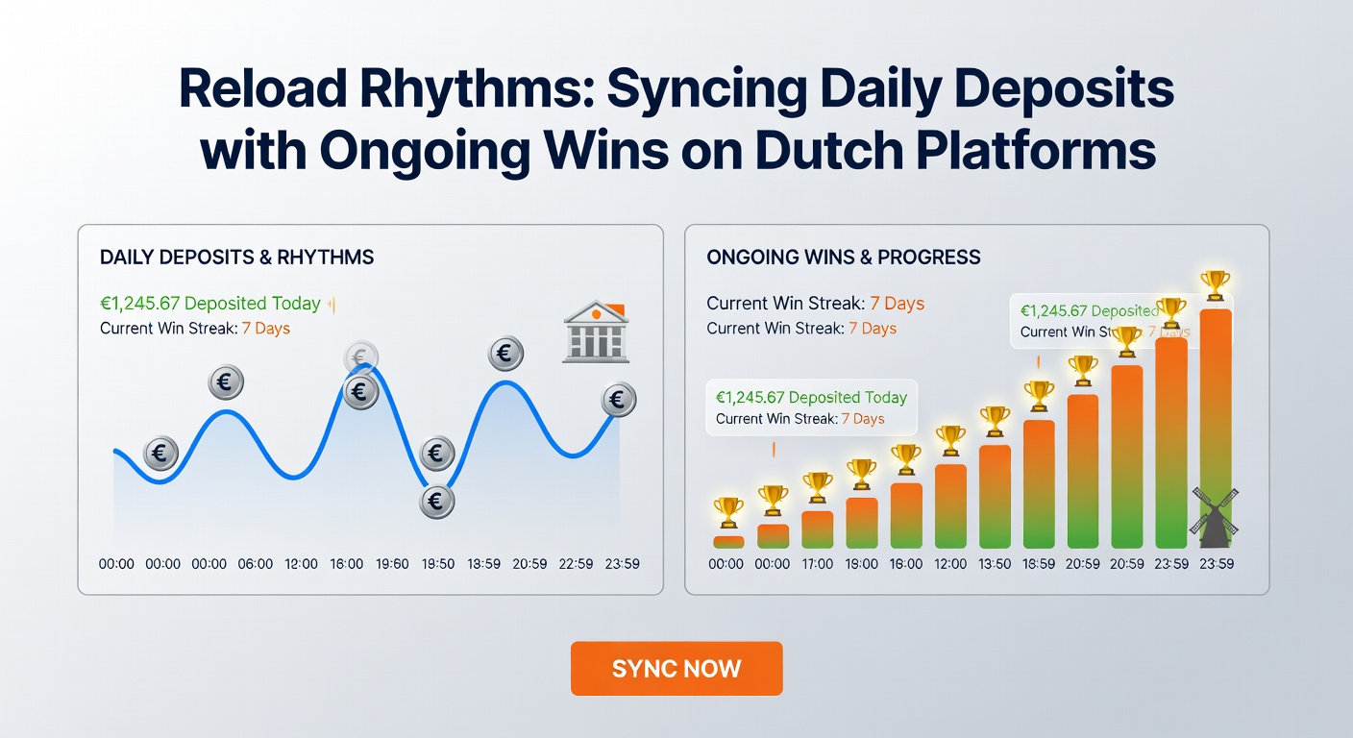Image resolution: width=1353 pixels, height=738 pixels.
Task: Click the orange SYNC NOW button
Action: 676,669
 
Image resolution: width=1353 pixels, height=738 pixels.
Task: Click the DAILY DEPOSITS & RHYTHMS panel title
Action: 236,258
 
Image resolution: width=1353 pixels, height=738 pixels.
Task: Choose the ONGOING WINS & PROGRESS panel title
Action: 843,258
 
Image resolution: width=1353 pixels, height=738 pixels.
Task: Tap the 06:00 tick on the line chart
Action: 256,564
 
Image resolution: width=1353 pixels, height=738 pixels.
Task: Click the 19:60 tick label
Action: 391,564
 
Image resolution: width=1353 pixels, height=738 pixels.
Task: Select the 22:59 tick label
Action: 576,564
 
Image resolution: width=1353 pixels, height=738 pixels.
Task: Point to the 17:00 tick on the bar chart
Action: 817,564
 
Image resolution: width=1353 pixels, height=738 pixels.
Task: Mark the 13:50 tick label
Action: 995,564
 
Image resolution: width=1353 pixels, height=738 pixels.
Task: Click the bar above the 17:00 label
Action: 817,529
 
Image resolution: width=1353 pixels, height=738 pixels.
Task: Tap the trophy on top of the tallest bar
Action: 1216,284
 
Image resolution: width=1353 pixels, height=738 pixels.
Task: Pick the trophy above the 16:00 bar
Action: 906,458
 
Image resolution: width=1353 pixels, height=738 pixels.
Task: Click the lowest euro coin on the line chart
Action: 436,501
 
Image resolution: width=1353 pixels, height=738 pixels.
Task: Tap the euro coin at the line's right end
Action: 619,400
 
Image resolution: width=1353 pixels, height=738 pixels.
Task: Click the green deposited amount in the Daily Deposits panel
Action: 209,304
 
